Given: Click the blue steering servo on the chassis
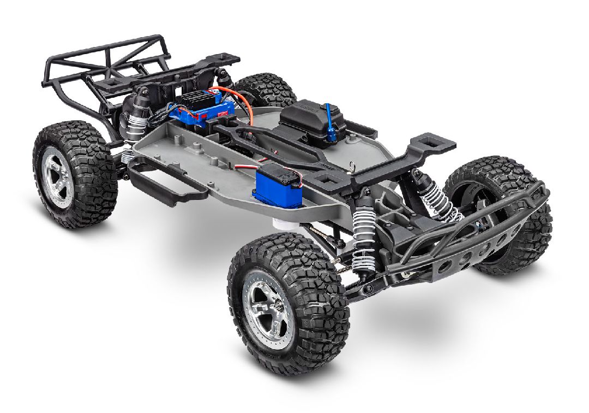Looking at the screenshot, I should click(277, 187).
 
